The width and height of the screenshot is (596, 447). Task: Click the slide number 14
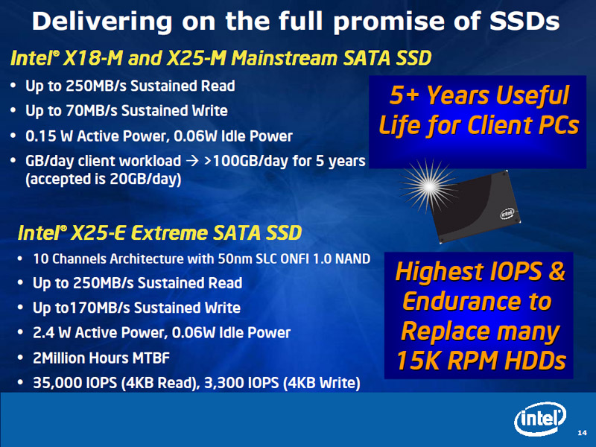click(x=582, y=433)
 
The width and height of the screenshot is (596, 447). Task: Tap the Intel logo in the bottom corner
click(x=540, y=419)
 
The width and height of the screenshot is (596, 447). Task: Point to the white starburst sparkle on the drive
click(x=429, y=186)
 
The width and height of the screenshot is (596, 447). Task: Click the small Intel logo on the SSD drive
click(x=507, y=214)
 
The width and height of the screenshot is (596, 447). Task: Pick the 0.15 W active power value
click(x=49, y=136)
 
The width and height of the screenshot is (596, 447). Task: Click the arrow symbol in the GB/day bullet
click(x=193, y=161)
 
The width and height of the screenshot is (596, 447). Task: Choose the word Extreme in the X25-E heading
click(x=169, y=233)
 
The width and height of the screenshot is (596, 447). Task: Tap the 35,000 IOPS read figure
click(x=75, y=383)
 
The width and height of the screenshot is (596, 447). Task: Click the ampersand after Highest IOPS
click(x=556, y=271)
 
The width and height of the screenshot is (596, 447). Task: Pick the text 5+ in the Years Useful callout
click(x=405, y=95)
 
